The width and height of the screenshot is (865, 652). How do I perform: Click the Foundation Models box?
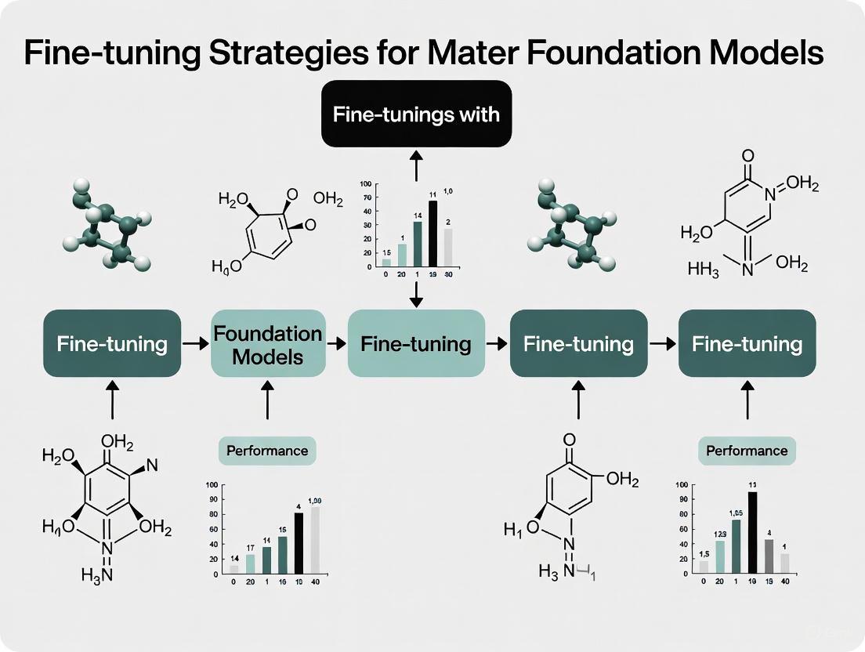(x=268, y=344)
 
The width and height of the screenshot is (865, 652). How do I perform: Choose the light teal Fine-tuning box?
(x=416, y=344)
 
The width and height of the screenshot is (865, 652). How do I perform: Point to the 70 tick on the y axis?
(x=365, y=198)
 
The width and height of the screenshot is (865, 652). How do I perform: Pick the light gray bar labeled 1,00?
(x=315, y=540)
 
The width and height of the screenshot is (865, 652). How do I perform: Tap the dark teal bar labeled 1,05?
(x=736, y=546)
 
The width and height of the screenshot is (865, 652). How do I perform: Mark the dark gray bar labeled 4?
(x=769, y=556)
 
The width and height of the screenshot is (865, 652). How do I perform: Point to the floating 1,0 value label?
(x=448, y=190)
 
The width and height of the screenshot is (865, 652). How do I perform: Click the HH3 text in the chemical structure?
(x=703, y=269)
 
